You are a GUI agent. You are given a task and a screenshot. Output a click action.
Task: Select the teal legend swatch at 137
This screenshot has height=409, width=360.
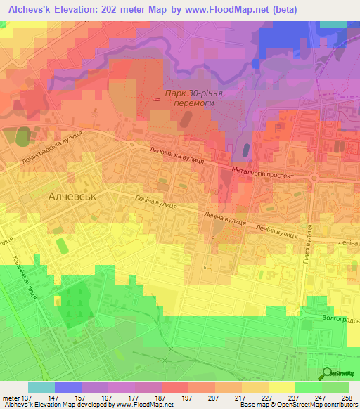41,387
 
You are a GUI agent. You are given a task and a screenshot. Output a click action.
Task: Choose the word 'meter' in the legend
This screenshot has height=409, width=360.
13,398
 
